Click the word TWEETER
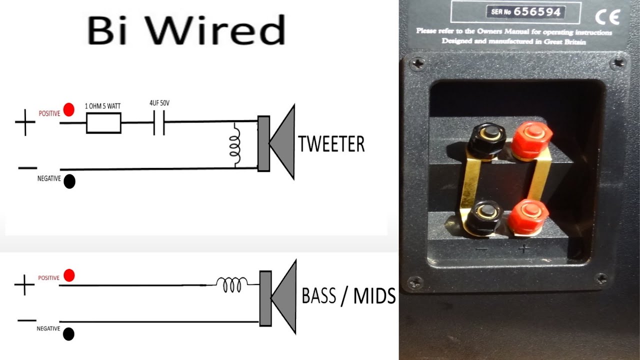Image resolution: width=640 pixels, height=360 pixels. coord(331,144)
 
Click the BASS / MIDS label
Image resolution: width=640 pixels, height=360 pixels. coord(348,296)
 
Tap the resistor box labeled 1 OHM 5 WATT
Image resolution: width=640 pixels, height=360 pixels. coord(103,123)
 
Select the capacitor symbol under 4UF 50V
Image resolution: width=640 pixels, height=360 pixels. coord(159,123)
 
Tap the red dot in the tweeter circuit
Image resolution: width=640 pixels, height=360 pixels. coord(69,109)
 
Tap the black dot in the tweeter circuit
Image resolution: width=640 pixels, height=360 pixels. coord(69,181)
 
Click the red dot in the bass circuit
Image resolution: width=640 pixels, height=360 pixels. coord(69,275)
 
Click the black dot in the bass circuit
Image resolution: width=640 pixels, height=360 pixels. coord(69,334)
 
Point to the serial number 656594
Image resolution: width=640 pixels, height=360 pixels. coord(538,12)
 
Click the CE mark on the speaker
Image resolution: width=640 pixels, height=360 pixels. coord(607,17)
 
